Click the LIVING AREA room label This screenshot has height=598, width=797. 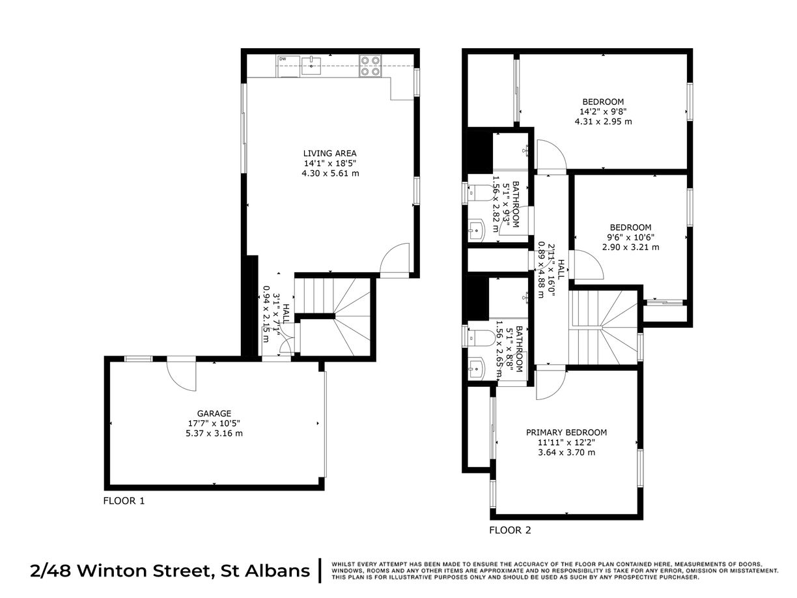click(x=330, y=153)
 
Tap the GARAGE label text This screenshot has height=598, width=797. click(x=214, y=413)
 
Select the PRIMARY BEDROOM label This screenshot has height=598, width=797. click(x=566, y=433)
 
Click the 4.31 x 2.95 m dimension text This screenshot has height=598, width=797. click(x=603, y=121)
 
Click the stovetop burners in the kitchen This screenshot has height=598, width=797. click(x=371, y=66)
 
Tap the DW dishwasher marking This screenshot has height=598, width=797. click(x=283, y=59)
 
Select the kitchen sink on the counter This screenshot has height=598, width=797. click(x=312, y=63)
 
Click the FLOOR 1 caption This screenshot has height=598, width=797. click(x=124, y=501)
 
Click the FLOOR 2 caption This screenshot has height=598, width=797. click(x=510, y=530)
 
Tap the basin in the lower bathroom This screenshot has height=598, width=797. click(x=476, y=369)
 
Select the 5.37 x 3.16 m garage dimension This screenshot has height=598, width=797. click(x=214, y=433)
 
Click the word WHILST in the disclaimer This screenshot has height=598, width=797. click(x=343, y=563)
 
